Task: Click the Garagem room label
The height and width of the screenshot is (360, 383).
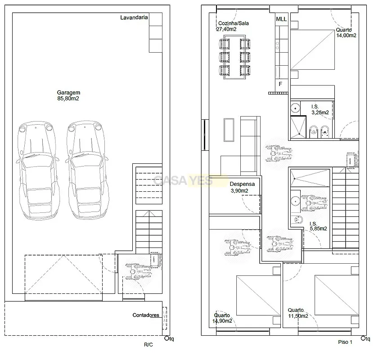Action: [x=68, y=93]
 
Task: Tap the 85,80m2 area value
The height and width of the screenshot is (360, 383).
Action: [x=68, y=99]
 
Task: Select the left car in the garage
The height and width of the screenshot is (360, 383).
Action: [x=38, y=171]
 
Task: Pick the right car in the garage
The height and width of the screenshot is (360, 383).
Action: [x=87, y=170]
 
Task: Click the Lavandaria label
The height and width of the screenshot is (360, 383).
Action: [x=134, y=18]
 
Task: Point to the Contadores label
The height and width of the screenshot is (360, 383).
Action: [x=145, y=315]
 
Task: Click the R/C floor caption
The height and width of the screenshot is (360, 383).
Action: [x=148, y=345]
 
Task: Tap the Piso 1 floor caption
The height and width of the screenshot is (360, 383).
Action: [x=345, y=342]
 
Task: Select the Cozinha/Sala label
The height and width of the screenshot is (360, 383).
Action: [x=234, y=23]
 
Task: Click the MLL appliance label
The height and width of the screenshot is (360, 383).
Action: [x=281, y=19]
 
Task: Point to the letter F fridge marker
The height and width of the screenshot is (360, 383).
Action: [x=280, y=84]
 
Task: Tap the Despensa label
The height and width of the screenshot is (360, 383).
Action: [x=242, y=184]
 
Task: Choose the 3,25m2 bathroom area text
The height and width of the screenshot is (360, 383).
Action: [x=320, y=112]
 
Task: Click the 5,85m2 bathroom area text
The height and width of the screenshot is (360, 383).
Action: [x=318, y=229]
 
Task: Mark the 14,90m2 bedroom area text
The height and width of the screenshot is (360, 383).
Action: [x=222, y=321]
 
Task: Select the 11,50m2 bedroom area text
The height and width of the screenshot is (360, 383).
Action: [x=298, y=316]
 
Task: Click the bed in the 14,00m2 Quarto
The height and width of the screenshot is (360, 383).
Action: [x=312, y=50]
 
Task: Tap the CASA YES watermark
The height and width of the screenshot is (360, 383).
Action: [x=183, y=181]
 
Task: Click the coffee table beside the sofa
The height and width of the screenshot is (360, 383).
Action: [x=229, y=130]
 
